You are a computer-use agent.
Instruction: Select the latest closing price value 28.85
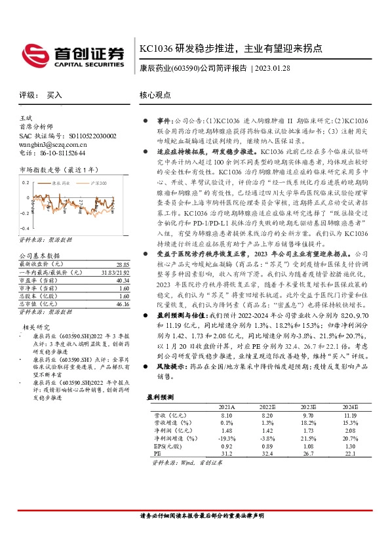pos(123,245)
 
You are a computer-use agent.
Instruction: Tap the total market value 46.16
pos(123,286)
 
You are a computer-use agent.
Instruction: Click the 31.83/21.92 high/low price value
pos(115,254)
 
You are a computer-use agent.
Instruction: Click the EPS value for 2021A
pos(227,445)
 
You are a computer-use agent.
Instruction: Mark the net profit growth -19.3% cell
pos(226,437)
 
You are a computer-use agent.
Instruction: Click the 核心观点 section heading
pos(156,94)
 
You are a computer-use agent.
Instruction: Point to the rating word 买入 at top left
pos(54,95)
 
